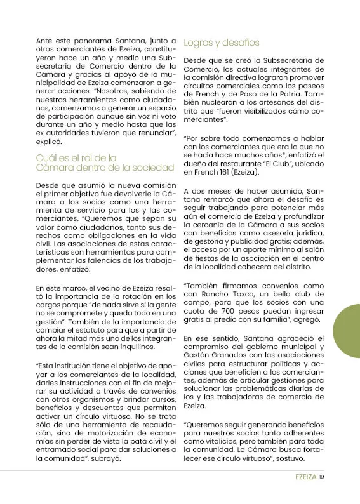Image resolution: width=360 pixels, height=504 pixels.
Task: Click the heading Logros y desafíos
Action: pyautogui.click(x=221, y=43)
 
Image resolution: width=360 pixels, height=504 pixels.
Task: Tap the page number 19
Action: pyautogui.click(x=321, y=477)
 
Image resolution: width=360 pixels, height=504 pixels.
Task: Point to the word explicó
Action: pyautogui.click(x=49, y=144)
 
